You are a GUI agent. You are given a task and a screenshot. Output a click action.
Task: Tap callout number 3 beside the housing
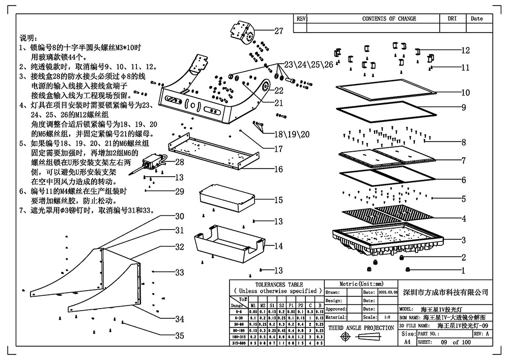[x=464, y=240]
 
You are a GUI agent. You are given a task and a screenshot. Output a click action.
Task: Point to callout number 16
[x=278, y=169]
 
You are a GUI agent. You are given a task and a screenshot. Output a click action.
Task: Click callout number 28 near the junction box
[x=179, y=162]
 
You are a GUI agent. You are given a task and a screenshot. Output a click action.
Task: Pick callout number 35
[x=179, y=336]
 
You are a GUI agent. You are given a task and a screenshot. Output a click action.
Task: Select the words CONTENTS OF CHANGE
[x=389, y=19]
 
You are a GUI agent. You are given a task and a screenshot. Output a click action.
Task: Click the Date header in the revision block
[x=476, y=19]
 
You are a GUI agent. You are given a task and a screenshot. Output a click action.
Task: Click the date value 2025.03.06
[x=385, y=293]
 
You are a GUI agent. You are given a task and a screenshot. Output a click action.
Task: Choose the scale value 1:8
[x=387, y=317]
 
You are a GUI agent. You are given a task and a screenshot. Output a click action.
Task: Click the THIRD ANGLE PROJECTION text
[x=361, y=328]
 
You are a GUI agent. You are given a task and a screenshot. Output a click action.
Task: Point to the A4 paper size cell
[x=407, y=343]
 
